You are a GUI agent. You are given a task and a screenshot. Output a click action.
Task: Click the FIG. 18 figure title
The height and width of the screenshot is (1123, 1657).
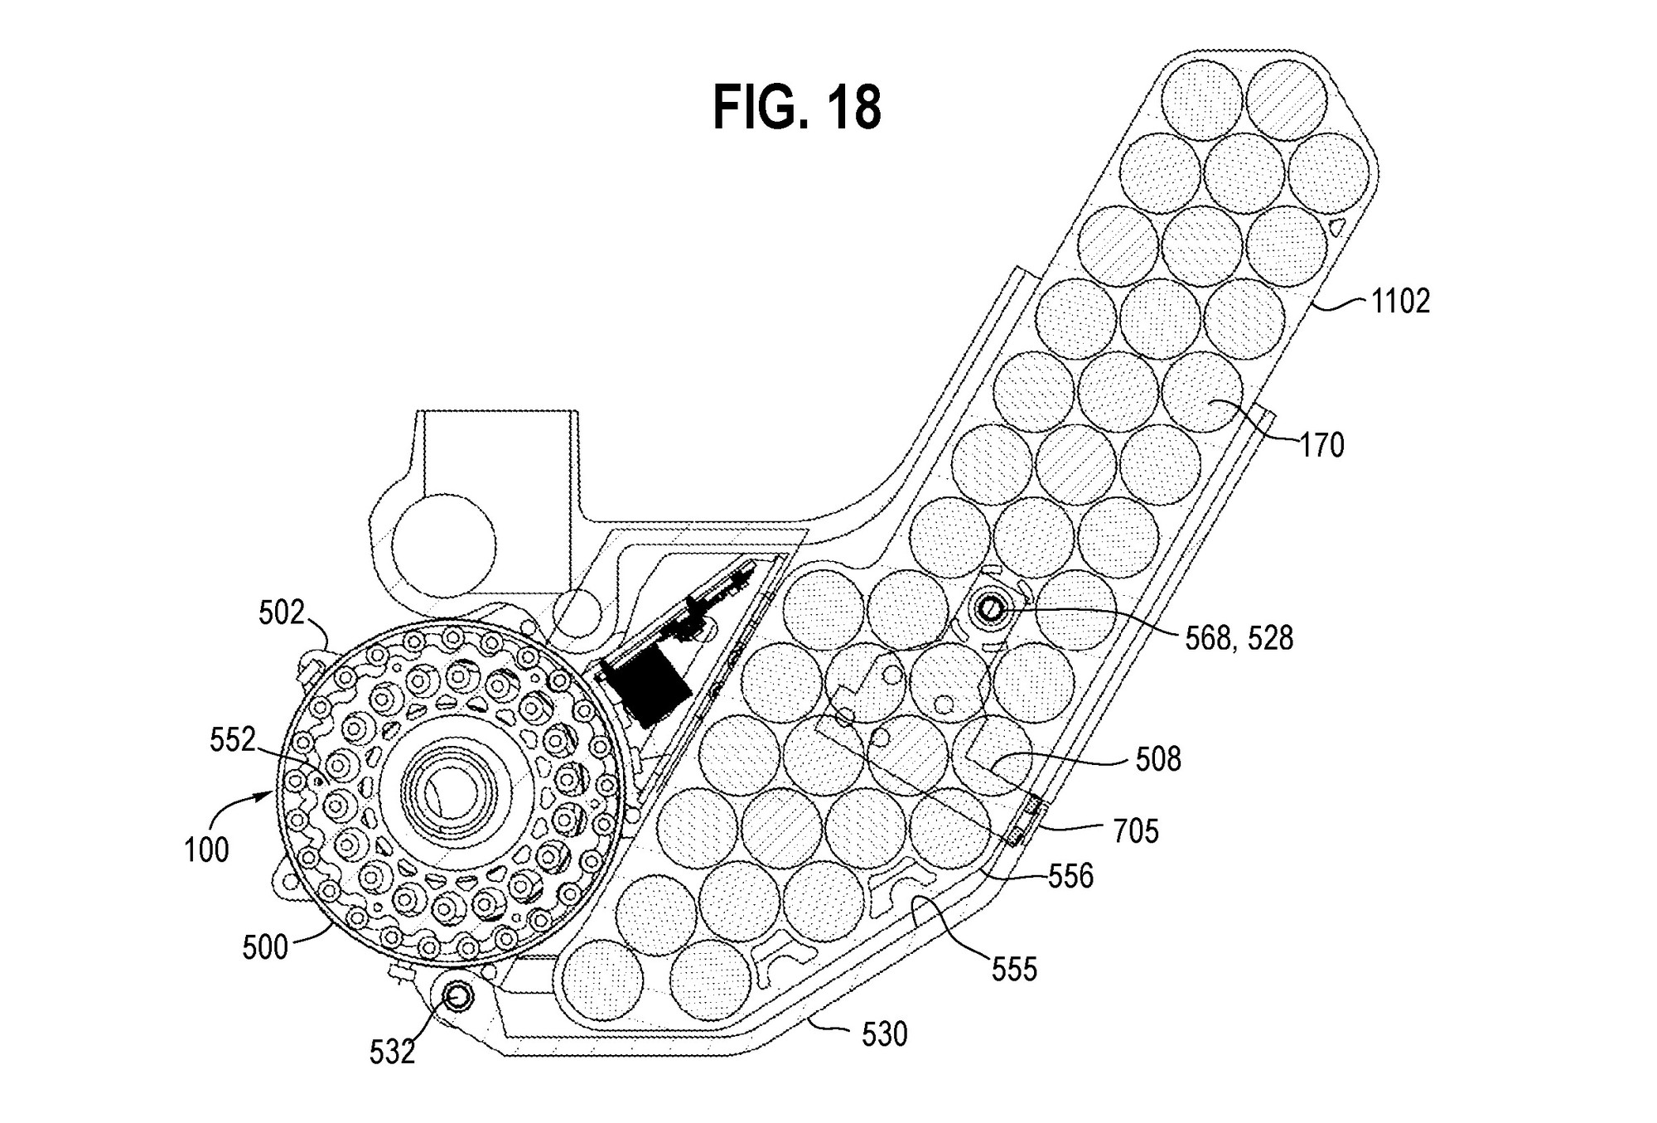coord(797,108)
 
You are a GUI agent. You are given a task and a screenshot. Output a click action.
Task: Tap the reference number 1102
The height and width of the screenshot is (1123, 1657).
coord(1400,302)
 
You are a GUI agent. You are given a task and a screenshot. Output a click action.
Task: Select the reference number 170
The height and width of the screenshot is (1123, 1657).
coord(1321,446)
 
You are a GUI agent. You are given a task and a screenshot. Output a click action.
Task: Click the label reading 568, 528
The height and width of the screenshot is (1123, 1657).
coord(1239,638)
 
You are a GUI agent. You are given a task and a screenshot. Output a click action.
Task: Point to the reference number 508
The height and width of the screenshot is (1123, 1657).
coord(1157,759)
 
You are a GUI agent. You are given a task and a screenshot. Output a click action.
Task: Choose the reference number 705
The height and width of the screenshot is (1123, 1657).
coord(1135,830)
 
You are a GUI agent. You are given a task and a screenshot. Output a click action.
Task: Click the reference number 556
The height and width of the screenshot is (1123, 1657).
coord(1070,876)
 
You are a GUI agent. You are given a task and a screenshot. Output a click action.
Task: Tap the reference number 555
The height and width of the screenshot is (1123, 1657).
coord(1014,970)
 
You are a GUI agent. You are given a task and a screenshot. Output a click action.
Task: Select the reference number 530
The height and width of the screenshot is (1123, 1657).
coord(884,1034)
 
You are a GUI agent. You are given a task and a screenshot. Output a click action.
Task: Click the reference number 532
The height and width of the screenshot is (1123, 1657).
coord(393,1052)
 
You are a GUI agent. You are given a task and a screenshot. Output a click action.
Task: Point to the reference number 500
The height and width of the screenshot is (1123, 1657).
coord(265,946)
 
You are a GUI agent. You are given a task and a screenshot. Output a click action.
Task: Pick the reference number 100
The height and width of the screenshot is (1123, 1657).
coord(206,850)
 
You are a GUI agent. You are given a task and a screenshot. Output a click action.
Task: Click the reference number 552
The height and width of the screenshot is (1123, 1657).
coord(233,740)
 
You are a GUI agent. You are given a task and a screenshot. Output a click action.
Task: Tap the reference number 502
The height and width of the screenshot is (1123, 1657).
coord(283,613)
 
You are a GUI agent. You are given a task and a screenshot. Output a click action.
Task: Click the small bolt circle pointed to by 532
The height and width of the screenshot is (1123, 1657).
coord(457,998)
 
